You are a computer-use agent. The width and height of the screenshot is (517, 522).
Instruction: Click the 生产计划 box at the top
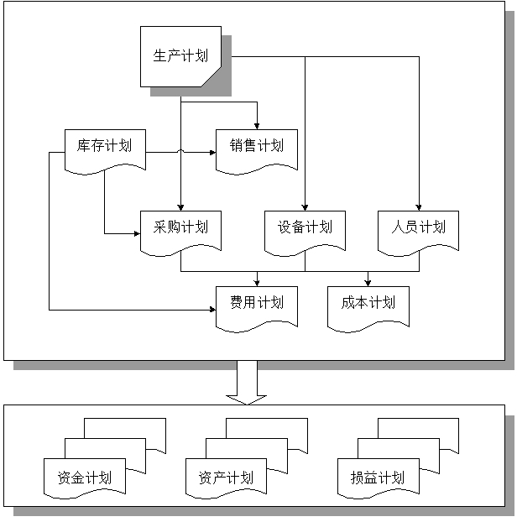tap(180, 56)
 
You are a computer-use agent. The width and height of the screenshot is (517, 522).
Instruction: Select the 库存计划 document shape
tap(104, 146)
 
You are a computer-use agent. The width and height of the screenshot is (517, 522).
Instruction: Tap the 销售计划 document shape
tap(257, 146)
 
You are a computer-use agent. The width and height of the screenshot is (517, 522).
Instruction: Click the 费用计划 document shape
tap(257, 303)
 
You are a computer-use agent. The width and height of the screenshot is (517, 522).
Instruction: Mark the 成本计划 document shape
tap(368, 303)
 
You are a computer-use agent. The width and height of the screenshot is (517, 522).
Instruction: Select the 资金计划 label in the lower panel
tap(84, 478)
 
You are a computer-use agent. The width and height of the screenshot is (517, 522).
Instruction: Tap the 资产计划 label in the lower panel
tap(226, 478)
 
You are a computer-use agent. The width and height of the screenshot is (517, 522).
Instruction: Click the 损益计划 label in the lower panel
tap(378, 478)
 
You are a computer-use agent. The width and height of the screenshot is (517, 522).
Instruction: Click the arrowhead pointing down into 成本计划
tap(368, 280)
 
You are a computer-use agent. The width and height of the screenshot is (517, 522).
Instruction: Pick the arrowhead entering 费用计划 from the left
tap(211, 310)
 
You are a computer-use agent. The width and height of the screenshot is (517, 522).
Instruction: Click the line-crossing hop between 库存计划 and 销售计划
tap(180, 152)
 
